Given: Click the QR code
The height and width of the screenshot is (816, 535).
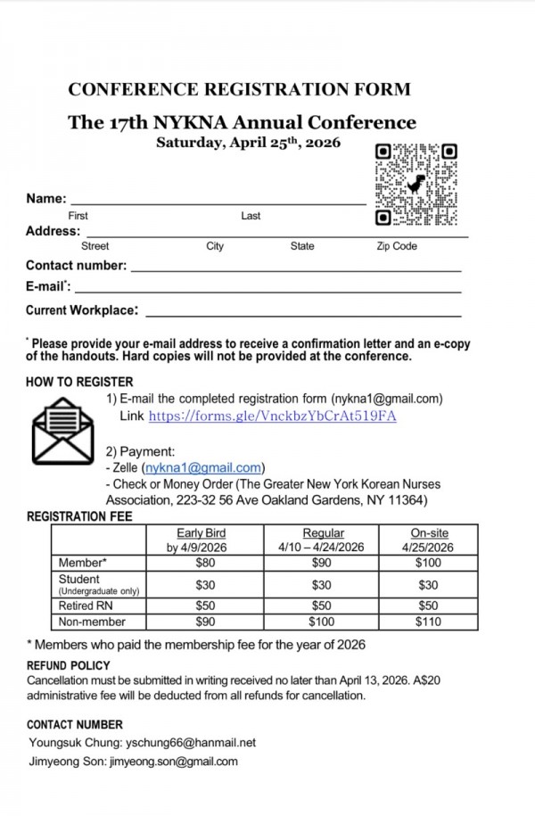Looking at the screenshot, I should [416, 185].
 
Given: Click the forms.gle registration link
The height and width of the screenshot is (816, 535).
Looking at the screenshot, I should [272, 416].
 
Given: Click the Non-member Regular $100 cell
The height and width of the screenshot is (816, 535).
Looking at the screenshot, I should [322, 622].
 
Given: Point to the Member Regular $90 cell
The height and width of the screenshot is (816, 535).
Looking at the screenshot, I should [322, 564].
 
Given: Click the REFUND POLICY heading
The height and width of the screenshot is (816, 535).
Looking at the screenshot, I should [69, 665].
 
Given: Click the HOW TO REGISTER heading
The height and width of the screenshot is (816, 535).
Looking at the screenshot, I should [79, 382].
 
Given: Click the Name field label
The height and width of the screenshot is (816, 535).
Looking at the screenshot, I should [45, 198].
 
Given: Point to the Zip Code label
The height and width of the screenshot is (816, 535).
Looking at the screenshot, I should [396, 246].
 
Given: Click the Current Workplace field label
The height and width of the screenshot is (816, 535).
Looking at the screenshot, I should [82, 310].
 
